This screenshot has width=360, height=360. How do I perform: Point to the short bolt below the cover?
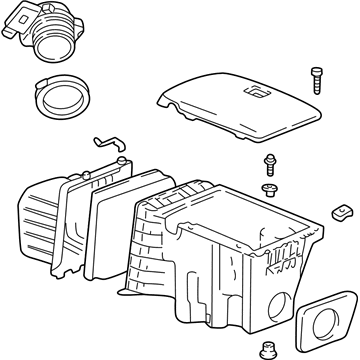tap(269, 164)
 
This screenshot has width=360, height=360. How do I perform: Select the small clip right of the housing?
tap(341, 213)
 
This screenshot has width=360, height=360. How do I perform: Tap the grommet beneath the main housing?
tap(268, 349)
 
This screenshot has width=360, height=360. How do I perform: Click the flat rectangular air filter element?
tap(118, 229)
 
